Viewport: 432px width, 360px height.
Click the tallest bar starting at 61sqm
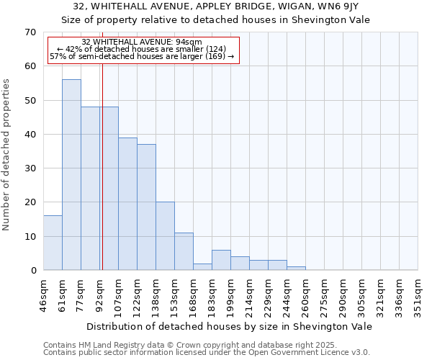pyautogui.click(x=71, y=175)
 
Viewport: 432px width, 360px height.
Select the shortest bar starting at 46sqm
pyautogui.click(x=53, y=243)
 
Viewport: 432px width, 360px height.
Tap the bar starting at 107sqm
pyautogui.click(x=127, y=204)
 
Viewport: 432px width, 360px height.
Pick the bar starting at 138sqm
pyautogui.click(x=165, y=236)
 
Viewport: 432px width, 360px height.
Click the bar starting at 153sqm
pyautogui.click(x=184, y=251)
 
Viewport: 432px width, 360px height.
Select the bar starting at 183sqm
pyautogui.click(x=221, y=260)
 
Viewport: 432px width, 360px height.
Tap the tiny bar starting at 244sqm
pyautogui.click(x=296, y=269)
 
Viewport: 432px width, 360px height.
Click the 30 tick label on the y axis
pyautogui.click(x=30, y=168)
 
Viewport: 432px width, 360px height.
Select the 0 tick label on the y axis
pyautogui.click(x=32, y=271)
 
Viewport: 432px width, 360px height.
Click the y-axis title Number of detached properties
pyautogui.click(x=7, y=154)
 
